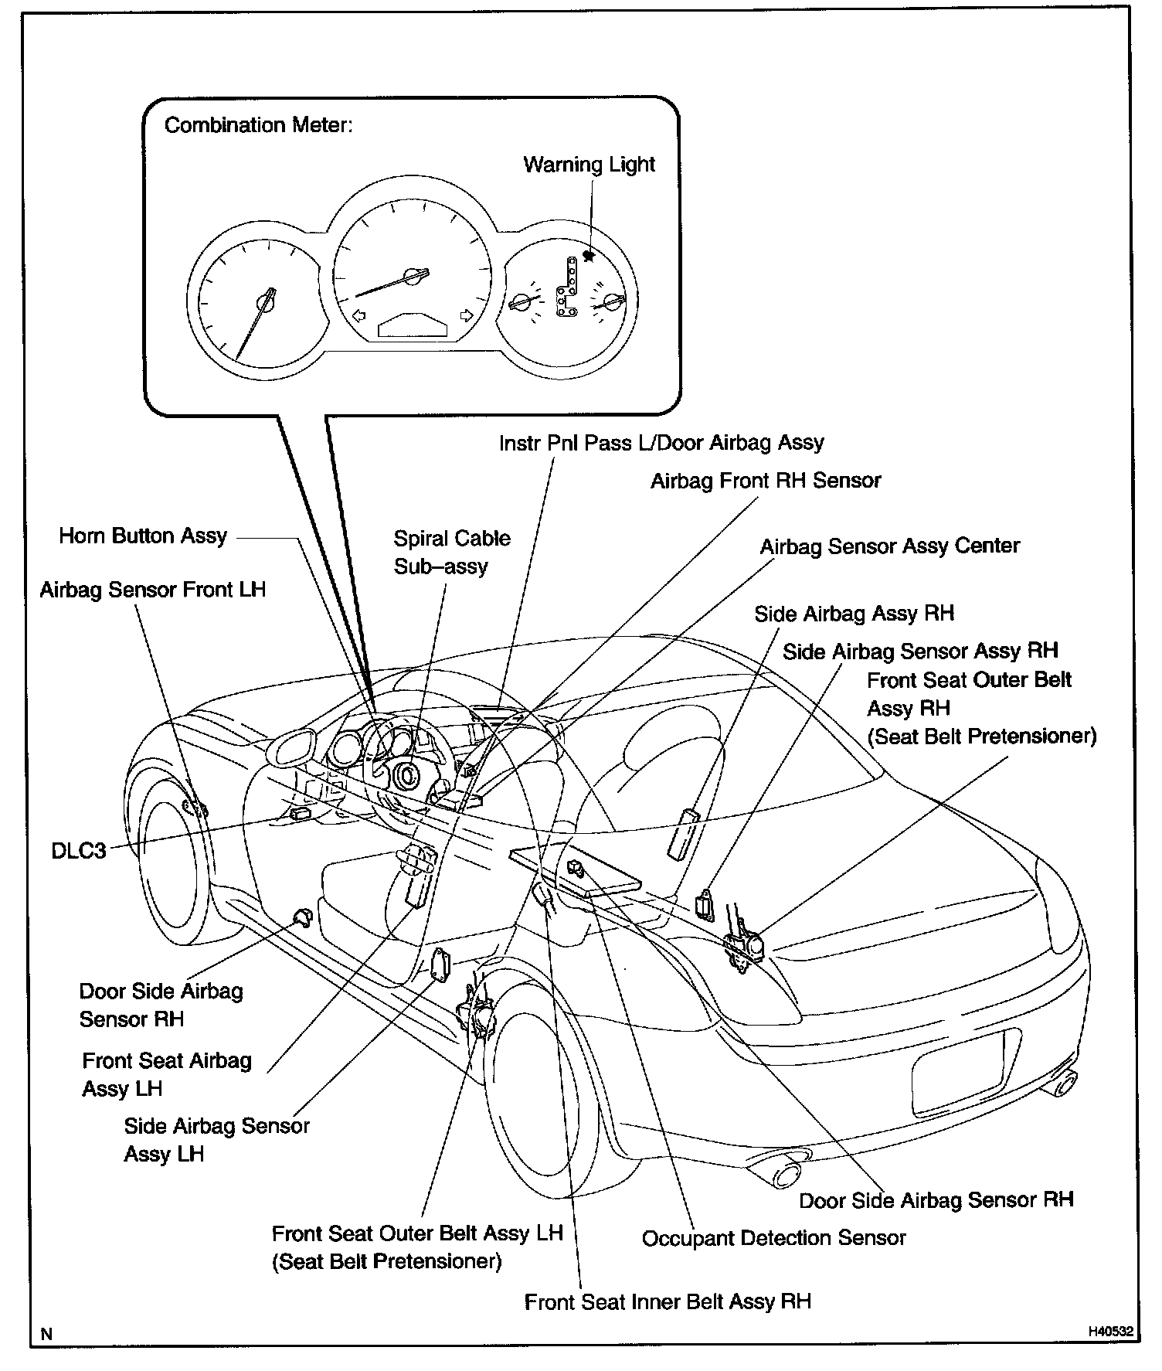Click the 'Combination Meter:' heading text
point(258,125)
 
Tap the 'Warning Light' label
point(589,165)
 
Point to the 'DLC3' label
point(78,851)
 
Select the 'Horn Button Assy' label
point(143,536)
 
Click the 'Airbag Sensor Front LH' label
point(152,590)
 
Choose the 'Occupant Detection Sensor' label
point(773,1238)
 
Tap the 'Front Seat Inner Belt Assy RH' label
point(668,1302)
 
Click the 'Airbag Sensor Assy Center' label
point(889,546)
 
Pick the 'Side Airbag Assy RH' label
point(854,614)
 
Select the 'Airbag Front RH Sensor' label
point(765,481)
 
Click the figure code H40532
point(1110,1332)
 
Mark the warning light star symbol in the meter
point(589,256)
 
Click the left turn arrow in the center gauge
point(358,315)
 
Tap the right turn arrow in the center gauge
point(466,315)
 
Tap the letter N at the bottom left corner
point(47,1334)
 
